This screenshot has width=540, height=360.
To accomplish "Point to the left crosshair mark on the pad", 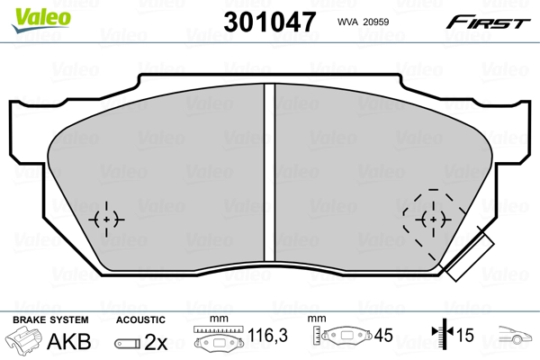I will [107, 219].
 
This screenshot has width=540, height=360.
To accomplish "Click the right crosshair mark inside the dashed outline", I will [433, 219].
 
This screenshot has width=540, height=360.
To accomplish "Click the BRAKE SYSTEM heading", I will [49, 319].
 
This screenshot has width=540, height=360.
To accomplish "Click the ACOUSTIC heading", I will [141, 319].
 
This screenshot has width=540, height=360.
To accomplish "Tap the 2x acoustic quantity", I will [154, 342].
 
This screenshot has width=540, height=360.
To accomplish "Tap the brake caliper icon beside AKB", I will [24, 342].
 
